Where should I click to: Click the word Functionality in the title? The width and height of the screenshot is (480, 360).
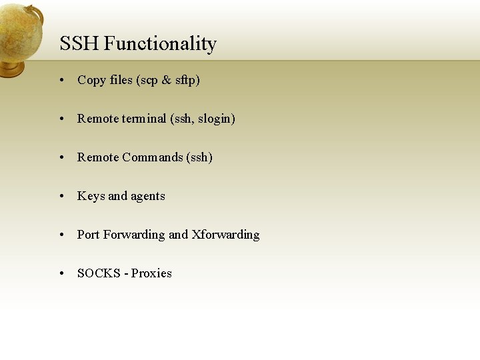160,45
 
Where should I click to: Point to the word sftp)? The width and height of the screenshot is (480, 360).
187,81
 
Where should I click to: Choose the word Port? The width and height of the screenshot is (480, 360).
89,235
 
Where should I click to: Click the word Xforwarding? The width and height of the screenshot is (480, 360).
225,235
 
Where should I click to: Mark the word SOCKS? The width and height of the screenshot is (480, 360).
99,273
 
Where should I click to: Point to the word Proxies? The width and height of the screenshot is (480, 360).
151,273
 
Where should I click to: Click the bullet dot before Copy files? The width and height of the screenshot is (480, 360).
61,81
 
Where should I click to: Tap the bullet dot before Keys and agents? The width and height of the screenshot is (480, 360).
61,197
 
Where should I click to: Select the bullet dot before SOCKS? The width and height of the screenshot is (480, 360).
61,274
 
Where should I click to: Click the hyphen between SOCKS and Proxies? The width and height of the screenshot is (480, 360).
126,274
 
